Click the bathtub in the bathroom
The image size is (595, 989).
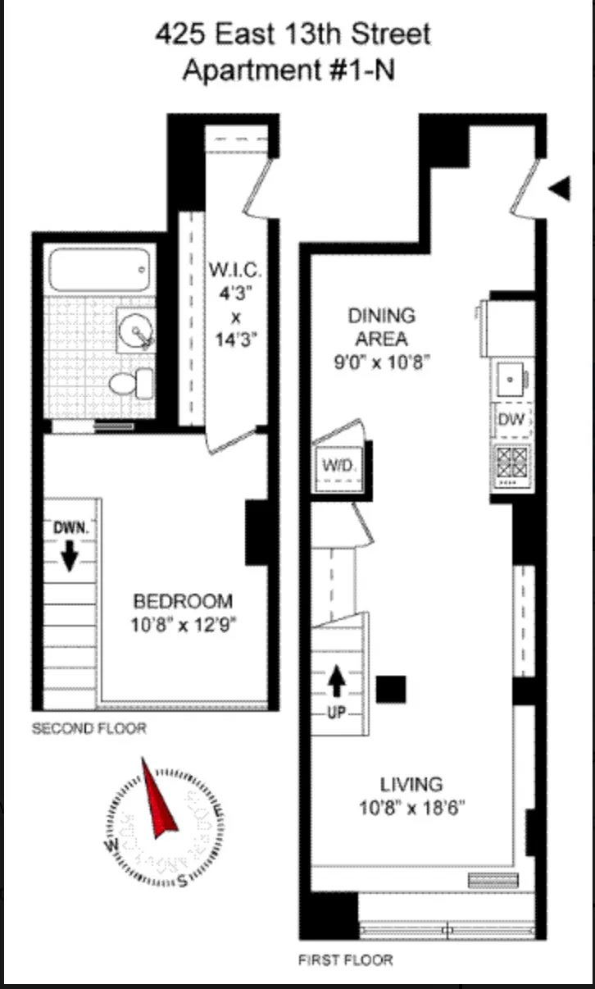tap(101, 269)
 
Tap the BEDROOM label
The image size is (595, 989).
tap(183, 601)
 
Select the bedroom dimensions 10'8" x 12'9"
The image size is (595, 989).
tap(184, 625)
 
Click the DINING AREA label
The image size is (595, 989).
tap(381, 326)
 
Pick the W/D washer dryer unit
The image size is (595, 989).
tap(340, 466)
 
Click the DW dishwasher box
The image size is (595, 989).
tap(511, 420)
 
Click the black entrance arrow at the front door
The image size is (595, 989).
tap(560, 189)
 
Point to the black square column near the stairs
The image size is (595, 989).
tap(391, 689)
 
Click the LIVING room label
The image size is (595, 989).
tap(411, 784)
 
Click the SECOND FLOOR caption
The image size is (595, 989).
tap(89, 728)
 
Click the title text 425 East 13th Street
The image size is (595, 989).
tap(293, 35)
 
